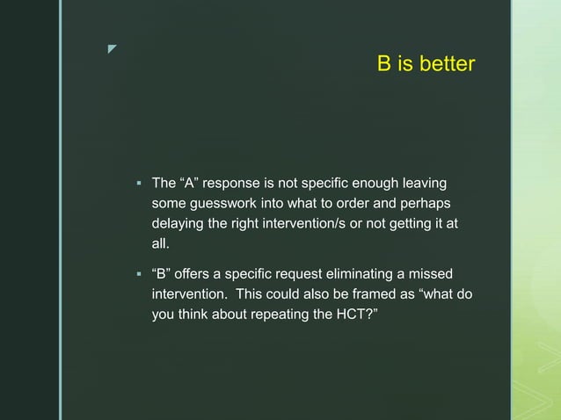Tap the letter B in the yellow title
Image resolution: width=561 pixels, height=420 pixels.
click(384, 65)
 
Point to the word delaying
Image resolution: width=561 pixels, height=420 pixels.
click(178, 223)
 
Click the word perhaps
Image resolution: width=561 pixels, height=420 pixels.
click(421, 203)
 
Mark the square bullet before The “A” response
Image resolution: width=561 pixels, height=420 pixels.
click(138, 185)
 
